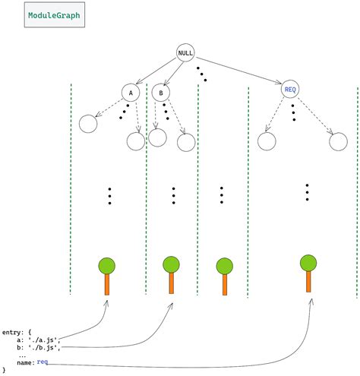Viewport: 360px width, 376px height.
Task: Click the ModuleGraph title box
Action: (53, 15)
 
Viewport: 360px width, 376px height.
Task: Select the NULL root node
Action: (185, 52)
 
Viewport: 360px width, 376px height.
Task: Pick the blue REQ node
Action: (290, 90)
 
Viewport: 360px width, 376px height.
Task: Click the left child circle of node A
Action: (87, 122)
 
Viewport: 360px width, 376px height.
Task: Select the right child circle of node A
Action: (136, 141)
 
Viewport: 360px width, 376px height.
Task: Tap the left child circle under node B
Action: (157, 137)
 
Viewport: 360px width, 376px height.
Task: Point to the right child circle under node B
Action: (186, 141)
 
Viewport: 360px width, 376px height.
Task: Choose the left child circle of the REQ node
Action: (266, 141)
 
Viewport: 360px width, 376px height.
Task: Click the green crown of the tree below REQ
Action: (308, 263)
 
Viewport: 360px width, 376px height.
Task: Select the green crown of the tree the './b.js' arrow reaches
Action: (171, 264)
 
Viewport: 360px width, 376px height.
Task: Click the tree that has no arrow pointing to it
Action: (224, 275)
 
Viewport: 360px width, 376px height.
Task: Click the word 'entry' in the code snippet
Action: (13, 332)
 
